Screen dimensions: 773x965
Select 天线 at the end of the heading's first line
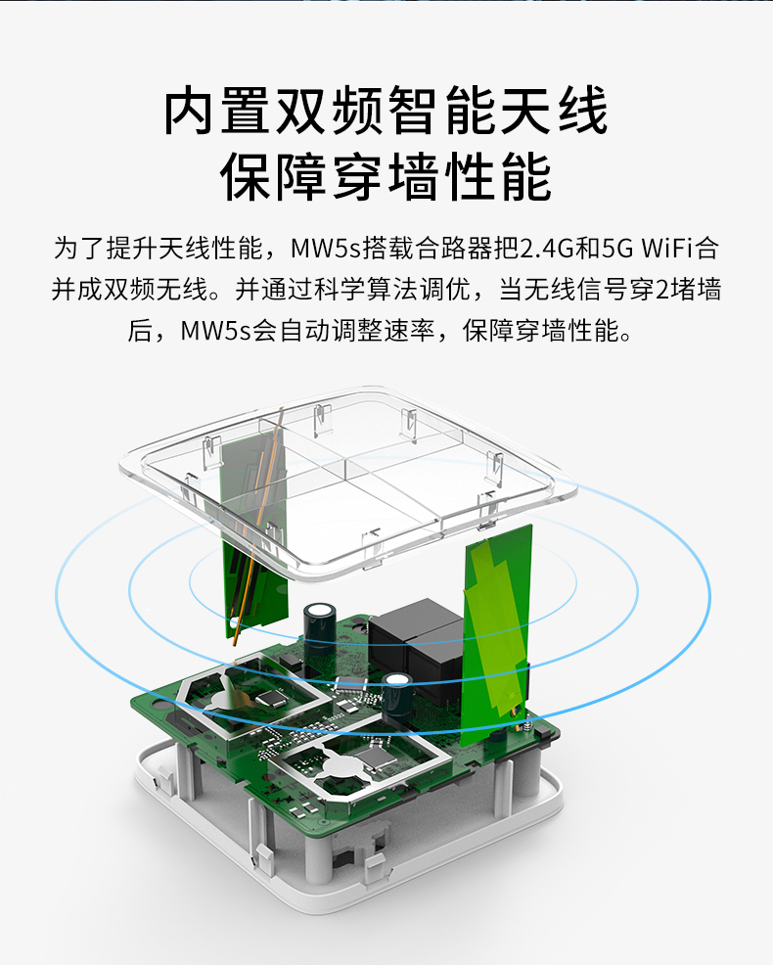click(x=555, y=111)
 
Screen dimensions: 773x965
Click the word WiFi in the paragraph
click(x=668, y=248)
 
